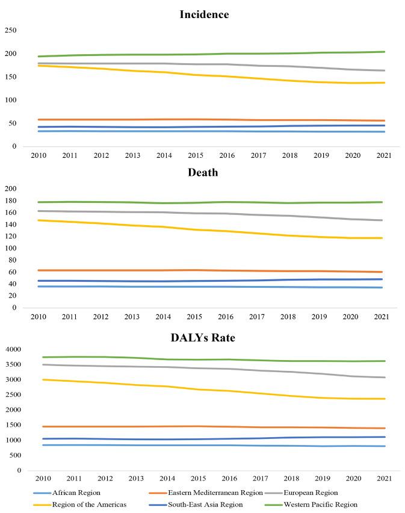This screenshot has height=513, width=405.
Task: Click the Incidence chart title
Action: pyautogui.click(x=203, y=14)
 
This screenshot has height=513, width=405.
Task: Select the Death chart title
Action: pyautogui.click(x=203, y=172)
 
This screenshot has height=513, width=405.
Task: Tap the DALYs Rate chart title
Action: pyautogui.click(x=203, y=338)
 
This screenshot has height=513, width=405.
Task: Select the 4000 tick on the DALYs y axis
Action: pyautogui.click(x=12, y=350)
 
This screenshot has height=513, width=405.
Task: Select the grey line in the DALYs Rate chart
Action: pyautogui.click(x=211, y=368)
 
